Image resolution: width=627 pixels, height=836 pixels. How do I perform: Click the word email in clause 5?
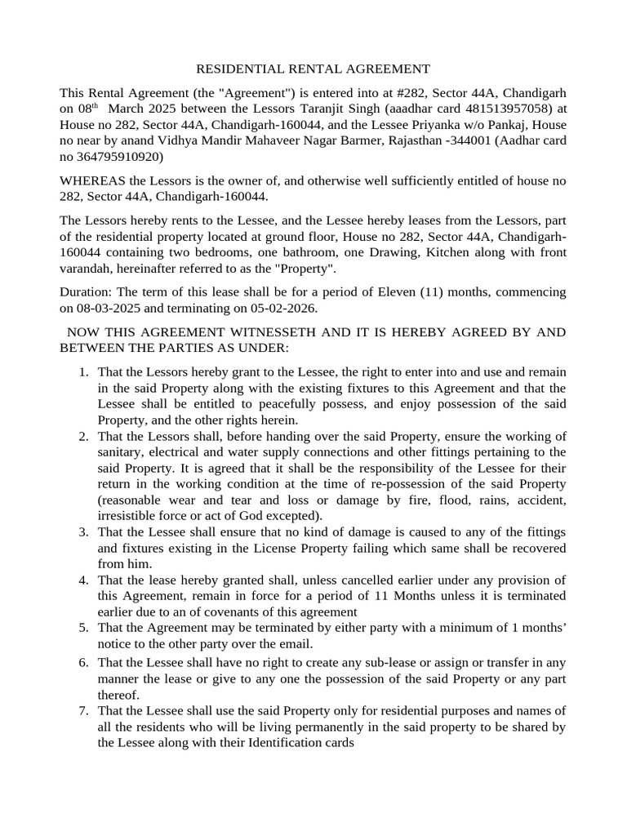point(309,643)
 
